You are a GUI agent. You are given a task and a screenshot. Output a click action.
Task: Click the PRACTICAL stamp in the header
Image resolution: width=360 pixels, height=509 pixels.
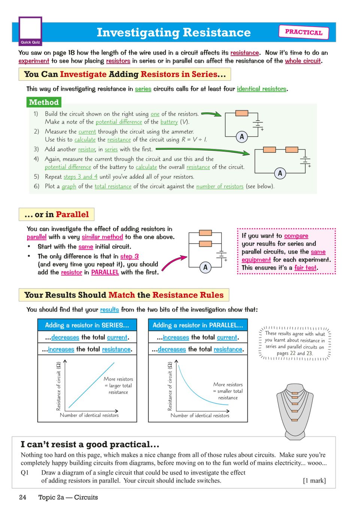click(303, 32)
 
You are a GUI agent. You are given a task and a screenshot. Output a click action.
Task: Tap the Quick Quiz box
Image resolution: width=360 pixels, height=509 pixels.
click(30, 31)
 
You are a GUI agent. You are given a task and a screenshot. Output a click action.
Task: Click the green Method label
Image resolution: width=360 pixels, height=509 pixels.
click(44, 102)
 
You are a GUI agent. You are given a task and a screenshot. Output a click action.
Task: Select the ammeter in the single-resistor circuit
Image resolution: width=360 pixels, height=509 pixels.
click(242, 137)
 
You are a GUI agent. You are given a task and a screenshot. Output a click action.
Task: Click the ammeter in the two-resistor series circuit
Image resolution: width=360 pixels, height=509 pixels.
click(280, 173)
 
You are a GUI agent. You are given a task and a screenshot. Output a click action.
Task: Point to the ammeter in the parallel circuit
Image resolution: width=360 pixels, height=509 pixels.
click(205, 267)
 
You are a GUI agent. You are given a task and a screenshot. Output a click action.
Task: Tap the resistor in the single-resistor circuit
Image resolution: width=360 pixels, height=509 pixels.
click(242, 113)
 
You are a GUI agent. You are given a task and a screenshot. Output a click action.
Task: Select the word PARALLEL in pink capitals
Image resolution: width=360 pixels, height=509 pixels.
click(105, 272)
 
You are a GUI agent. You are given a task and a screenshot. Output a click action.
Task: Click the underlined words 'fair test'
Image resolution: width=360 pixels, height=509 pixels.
click(305, 268)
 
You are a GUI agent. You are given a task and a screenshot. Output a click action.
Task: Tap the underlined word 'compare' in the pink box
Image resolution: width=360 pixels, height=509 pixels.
click(296, 236)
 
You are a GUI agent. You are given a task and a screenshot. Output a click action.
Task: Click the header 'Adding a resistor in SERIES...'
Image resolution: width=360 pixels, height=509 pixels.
click(87, 325)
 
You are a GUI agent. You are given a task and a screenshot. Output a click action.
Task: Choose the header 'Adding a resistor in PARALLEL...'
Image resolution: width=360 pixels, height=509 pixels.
click(198, 325)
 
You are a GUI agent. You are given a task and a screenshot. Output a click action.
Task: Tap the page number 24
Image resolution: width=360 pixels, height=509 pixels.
click(23, 497)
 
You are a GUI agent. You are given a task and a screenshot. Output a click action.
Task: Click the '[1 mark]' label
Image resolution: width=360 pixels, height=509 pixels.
click(314, 481)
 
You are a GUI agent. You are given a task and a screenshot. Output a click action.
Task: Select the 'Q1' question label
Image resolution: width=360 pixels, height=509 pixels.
click(25, 473)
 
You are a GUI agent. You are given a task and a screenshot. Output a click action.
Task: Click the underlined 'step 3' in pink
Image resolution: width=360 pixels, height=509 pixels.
click(129, 256)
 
